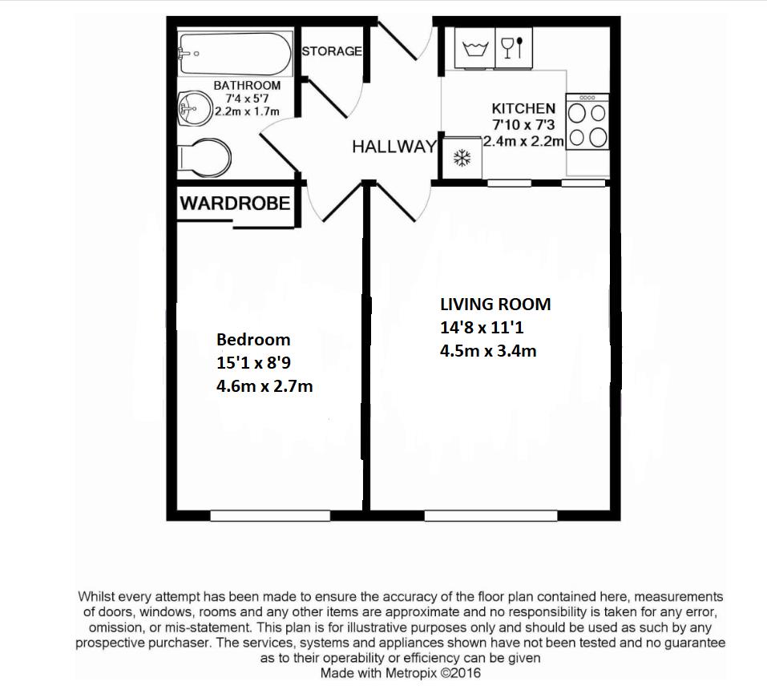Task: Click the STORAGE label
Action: click(332, 51)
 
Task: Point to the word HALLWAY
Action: click(394, 147)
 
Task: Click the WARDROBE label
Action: click(235, 203)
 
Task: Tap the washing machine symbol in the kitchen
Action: click(475, 49)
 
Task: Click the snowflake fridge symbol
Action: click(462, 158)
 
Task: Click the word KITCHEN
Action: click(523, 108)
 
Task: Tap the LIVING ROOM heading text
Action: click(495, 305)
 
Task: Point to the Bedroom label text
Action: click(253, 340)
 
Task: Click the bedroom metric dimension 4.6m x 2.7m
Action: click(264, 386)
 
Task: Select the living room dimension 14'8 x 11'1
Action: click(482, 327)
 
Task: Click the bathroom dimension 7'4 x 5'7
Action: click(247, 99)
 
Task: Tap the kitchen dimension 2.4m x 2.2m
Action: click(524, 140)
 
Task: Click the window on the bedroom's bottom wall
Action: click(269, 516)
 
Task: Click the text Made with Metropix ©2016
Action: click(401, 673)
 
